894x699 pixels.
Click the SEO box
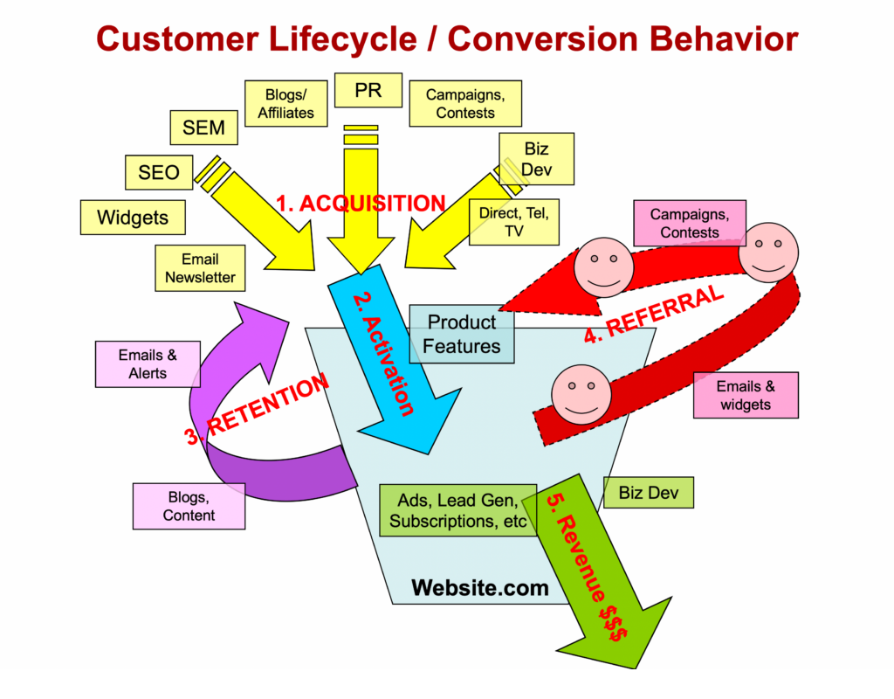point(158,172)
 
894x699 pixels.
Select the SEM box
point(203,128)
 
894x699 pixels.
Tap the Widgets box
point(133,218)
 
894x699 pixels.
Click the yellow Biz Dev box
point(536,159)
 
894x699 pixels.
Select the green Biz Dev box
point(650,493)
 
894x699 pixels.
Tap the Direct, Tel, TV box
point(513,222)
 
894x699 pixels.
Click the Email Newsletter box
point(200,268)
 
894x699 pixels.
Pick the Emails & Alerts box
point(148,364)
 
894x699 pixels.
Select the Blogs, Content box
point(189,506)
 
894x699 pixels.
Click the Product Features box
point(462,334)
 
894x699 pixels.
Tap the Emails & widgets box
point(746,396)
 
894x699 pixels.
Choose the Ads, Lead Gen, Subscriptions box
point(457,510)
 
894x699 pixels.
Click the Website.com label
point(480,587)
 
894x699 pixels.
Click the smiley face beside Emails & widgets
point(581,394)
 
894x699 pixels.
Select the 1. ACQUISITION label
point(361,204)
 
